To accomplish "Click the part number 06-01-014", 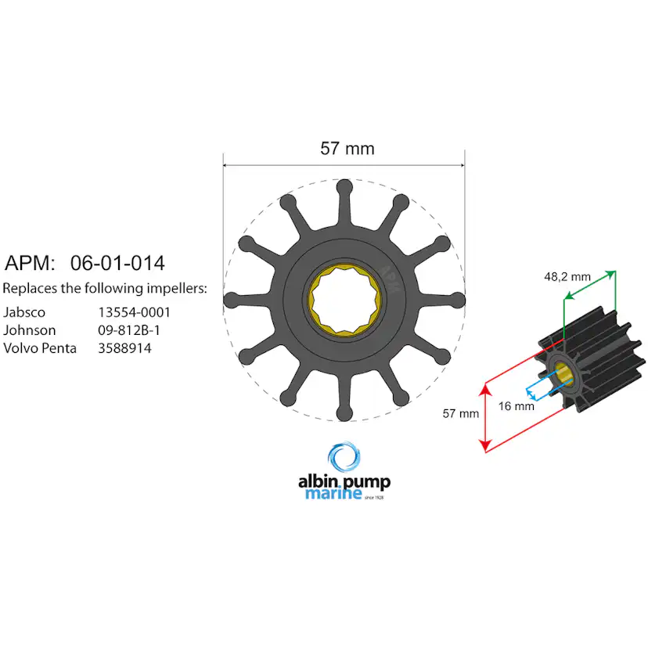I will coord(117,263).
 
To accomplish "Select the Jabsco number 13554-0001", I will coord(135,311).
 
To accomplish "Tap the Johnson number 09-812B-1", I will coord(129,330).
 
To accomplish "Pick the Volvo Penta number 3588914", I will coord(124,348).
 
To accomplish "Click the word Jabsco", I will coord(24,311).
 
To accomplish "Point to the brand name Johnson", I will coord(30,330).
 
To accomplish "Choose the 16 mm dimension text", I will coord(517,406).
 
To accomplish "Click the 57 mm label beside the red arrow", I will coord(460,413).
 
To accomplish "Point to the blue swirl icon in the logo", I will coord(344,459).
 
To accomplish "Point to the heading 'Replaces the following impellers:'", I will coord(105,288).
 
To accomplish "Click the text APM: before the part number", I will coord(31,263).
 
